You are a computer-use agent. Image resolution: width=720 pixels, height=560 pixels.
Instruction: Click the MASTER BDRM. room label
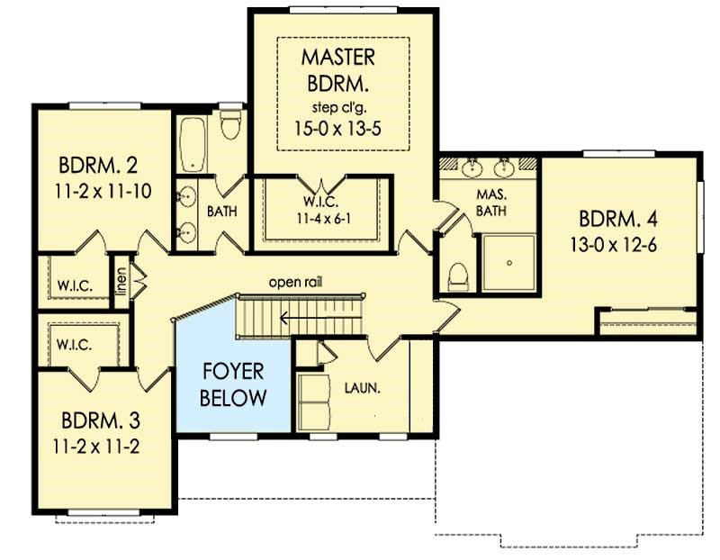(338, 70)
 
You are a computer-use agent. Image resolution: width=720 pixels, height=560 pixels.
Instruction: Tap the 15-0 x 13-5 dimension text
(337, 129)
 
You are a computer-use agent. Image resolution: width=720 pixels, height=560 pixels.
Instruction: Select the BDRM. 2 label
(98, 166)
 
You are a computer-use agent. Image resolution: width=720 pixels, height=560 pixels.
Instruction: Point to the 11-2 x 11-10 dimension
(103, 191)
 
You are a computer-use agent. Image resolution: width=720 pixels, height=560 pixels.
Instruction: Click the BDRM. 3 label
(101, 420)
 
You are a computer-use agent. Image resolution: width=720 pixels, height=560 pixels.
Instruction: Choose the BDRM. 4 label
(618, 219)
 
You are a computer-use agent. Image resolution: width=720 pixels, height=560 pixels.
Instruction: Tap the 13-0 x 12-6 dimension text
(614, 245)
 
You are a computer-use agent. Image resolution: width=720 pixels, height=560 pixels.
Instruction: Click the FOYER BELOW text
(233, 384)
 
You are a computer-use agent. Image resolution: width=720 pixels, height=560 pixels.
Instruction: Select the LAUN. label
(363, 389)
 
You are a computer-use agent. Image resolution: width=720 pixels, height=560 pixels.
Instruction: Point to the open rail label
(295, 282)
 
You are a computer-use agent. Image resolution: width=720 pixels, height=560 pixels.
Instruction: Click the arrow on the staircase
(320, 318)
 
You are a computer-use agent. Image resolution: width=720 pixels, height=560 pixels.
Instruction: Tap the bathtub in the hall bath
(193, 144)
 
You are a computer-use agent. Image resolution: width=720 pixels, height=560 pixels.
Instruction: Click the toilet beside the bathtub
(230, 124)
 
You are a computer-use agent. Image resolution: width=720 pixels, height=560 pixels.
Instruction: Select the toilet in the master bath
(458, 277)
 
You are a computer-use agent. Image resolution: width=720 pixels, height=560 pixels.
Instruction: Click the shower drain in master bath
(509, 263)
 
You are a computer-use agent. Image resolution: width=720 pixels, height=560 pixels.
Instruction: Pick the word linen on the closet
(121, 282)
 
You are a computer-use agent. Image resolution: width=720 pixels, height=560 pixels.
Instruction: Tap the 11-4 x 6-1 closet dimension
(324, 219)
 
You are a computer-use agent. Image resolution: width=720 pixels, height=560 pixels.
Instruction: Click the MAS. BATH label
(491, 203)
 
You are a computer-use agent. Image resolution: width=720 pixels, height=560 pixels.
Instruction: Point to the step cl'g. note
(339, 108)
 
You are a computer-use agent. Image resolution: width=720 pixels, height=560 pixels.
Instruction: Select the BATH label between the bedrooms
(222, 212)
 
